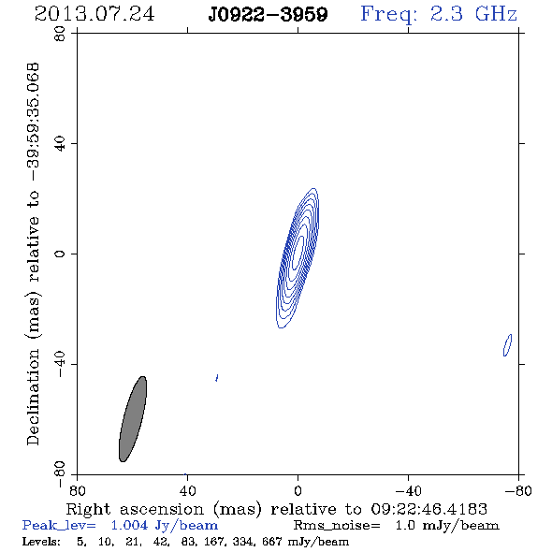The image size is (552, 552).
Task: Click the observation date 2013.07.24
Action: tap(94, 14)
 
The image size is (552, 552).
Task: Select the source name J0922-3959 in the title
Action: tap(268, 15)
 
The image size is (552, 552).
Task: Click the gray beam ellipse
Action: tap(133, 419)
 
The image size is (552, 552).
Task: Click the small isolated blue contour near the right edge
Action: tap(507, 345)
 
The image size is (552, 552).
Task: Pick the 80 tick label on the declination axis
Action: tap(60, 34)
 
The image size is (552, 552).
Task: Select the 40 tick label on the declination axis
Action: tap(60, 144)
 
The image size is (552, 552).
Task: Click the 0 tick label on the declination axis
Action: tap(60, 254)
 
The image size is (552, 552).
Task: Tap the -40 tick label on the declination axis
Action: tap(60, 364)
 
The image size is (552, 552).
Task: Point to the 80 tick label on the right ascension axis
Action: tap(77, 490)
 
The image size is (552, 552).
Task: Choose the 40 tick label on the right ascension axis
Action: tap(187, 490)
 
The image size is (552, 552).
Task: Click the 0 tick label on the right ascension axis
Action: tap(298, 490)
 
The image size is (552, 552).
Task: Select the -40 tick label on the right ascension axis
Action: tap(408, 490)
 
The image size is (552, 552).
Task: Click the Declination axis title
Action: tap(33, 254)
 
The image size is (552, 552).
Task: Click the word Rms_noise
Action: tap(337, 526)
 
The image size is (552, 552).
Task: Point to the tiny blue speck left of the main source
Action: tap(217, 378)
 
